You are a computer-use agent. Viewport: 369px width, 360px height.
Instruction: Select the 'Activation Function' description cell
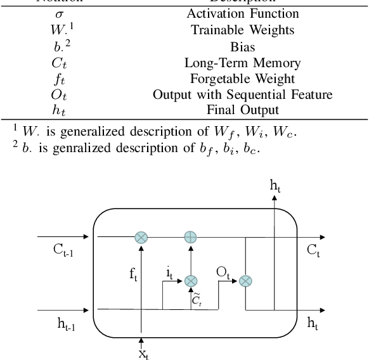(x=234, y=13)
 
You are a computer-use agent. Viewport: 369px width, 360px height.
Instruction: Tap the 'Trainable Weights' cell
(x=234, y=30)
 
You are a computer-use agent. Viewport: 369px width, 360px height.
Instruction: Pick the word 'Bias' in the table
(x=234, y=46)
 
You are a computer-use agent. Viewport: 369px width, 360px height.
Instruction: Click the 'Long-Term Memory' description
(x=234, y=63)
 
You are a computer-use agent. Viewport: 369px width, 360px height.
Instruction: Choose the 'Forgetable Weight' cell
(x=234, y=79)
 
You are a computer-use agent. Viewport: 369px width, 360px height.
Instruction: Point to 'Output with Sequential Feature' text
(x=234, y=94)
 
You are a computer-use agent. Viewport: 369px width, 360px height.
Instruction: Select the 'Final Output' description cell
(x=234, y=110)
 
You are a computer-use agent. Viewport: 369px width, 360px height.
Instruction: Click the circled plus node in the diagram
(x=190, y=237)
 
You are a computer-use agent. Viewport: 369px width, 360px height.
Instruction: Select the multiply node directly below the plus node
(x=190, y=280)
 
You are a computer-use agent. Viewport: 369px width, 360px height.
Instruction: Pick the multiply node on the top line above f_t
(x=141, y=237)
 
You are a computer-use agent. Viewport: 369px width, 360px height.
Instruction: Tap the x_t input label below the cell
(x=144, y=353)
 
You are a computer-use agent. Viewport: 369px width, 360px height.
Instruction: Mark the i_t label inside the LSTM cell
(x=170, y=273)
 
